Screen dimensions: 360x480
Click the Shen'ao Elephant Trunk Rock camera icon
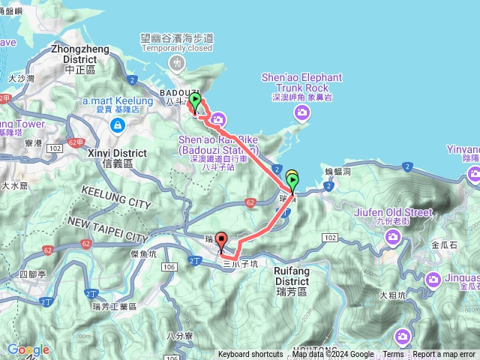[301, 112]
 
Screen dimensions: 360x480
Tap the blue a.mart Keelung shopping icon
[117, 125]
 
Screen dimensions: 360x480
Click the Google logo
[28, 349]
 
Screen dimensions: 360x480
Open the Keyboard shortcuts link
[250, 355]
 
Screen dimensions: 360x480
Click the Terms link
[393, 355]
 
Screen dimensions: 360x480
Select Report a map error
[445, 355]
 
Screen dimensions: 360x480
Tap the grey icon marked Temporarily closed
[176, 61]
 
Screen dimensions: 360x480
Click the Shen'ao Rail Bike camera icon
[217, 118]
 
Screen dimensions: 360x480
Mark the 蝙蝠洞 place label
[338, 172]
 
